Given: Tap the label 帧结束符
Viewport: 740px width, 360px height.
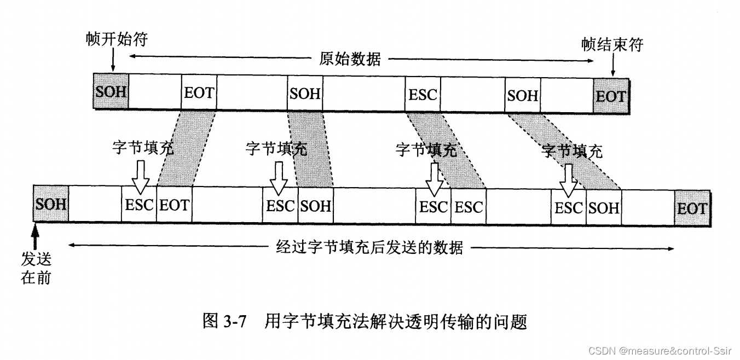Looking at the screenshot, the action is pos(612,45).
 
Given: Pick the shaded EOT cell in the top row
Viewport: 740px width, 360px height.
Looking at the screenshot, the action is pos(610,97).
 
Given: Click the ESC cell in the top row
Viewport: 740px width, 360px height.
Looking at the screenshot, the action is pos(423,95).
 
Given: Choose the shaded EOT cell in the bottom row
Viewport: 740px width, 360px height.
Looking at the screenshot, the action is pos(692,208).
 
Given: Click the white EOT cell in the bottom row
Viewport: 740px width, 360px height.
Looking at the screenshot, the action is pos(174,206).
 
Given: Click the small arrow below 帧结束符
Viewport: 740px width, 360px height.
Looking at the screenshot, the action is pos(612,65).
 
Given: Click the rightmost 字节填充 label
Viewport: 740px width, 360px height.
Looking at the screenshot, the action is pos(571,150).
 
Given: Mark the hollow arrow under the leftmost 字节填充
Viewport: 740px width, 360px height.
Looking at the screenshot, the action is pos(140,178).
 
